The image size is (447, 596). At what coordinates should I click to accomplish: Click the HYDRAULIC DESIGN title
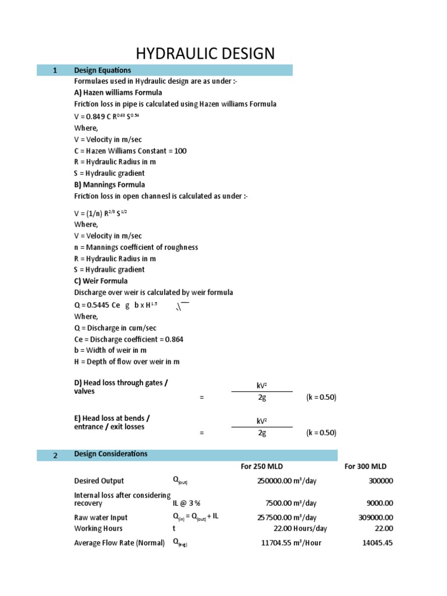205,54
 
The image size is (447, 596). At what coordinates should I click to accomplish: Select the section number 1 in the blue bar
55,70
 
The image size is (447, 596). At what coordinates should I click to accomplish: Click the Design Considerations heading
111,454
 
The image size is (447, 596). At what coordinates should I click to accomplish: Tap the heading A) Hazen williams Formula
118,93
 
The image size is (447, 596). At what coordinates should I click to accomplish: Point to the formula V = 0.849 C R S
107,116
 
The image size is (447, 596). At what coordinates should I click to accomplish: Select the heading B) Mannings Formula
109,185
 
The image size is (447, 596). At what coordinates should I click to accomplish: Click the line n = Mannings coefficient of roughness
136,247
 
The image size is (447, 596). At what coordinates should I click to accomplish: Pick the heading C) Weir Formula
101,281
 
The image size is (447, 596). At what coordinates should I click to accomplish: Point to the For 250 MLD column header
262,467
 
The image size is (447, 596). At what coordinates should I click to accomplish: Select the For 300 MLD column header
365,467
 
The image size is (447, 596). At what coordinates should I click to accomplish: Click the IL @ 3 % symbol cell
182,503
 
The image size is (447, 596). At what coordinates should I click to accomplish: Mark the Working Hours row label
98,528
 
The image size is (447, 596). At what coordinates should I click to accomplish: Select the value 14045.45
378,543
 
